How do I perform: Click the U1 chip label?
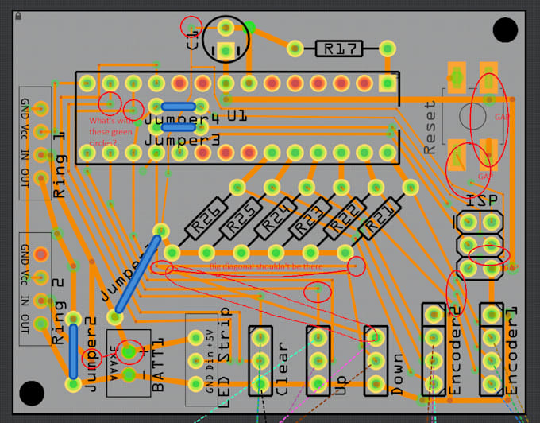click(x=237, y=117)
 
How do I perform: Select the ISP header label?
click(x=482, y=202)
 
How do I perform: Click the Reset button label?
click(x=430, y=127)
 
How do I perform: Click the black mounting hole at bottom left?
click(x=32, y=393)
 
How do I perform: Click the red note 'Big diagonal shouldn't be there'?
click(x=266, y=266)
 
